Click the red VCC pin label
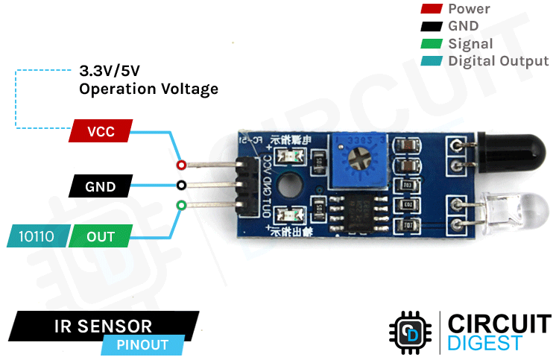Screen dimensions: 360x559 pyautogui.click(x=100, y=132)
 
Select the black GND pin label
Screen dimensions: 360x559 pyautogui.click(x=100, y=186)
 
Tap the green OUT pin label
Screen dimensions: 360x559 pyautogui.click(x=101, y=236)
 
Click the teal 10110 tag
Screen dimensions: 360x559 pyautogui.click(x=38, y=236)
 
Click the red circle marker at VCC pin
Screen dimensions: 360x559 pyautogui.click(x=180, y=165)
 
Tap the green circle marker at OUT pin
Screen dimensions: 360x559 pyautogui.click(x=181, y=205)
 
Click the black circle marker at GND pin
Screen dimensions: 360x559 pyautogui.click(x=181, y=185)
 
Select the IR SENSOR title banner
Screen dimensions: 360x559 pyautogui.click(x=104, y=326)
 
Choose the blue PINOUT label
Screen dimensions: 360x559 pyautogui.click(x=142, y=345)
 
